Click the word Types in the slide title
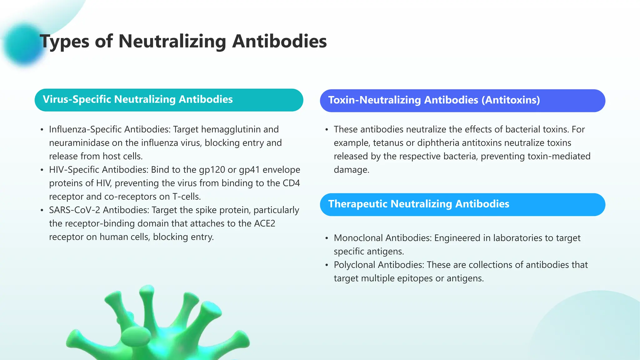coord(64,42)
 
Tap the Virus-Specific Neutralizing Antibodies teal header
coord(169,100)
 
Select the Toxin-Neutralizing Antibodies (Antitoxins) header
coord(462,101)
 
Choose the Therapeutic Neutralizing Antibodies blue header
coord(462,204)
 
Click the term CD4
coord(291,183)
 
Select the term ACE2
coord(264,223)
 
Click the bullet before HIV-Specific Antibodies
coord(42,170)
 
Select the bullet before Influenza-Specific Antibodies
coord(42,130)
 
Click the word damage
coord(351,170)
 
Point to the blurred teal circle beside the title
coord(23,45)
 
